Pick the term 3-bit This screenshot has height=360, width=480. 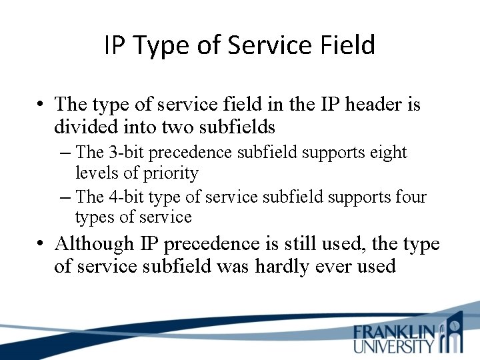123,153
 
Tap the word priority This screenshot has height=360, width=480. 171,173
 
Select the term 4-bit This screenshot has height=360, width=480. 123,197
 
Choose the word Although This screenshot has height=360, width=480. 95,245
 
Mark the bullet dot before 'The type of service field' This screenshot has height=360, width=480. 41,105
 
